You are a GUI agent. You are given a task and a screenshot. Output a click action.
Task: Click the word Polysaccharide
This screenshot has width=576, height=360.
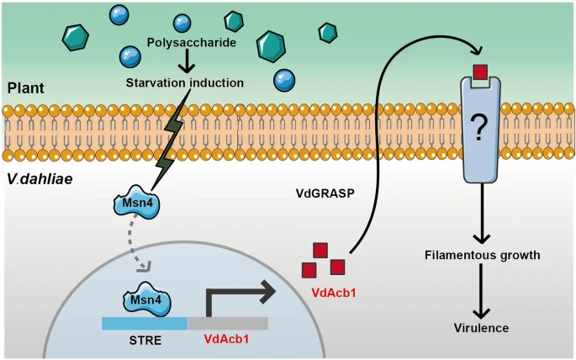point(192,43)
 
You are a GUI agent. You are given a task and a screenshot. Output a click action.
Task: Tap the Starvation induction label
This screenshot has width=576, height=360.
point(185,82)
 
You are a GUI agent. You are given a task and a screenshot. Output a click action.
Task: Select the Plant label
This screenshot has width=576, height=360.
point(26,88)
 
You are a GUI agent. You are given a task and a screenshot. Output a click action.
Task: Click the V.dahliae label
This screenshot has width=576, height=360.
point(40,179)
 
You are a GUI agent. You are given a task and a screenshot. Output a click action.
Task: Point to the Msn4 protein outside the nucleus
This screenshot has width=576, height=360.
point(137,203)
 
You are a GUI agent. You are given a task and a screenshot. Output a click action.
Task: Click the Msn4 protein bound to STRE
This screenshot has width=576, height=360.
point(146,299)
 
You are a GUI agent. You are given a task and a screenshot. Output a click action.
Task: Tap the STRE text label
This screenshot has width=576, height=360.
point(145,340)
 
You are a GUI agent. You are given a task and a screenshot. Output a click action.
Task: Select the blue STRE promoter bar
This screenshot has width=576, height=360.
point(145,323)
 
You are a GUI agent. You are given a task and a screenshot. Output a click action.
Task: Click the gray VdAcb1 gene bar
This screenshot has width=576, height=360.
point(228,323)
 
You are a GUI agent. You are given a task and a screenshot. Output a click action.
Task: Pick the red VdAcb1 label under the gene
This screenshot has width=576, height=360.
point(226,338)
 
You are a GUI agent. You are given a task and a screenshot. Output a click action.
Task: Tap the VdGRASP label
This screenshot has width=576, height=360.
point(325,193)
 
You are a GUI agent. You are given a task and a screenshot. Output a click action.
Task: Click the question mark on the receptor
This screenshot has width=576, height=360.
point(478,128)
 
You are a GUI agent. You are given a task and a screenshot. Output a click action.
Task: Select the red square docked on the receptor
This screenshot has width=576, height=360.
point(480,72)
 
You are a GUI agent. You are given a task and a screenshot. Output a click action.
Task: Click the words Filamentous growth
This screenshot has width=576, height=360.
point(483,255)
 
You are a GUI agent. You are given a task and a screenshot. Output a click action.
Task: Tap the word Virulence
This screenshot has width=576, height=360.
point(481,328)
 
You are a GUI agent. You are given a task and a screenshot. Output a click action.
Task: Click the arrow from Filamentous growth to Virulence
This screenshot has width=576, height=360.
point(481,291)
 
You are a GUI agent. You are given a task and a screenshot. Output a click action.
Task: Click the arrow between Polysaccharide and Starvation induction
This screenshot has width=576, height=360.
point(187,61)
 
